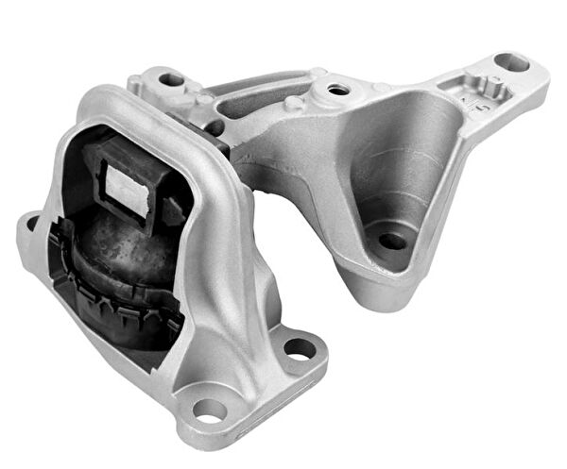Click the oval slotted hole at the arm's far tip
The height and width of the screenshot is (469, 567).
coord(512,63)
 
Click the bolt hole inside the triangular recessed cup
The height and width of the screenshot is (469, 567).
coord(390,240)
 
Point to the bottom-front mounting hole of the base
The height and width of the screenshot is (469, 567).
coord(210,410)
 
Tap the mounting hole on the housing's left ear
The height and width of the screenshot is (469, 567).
coord(33,224)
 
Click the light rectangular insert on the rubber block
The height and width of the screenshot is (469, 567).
coord(122,181)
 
